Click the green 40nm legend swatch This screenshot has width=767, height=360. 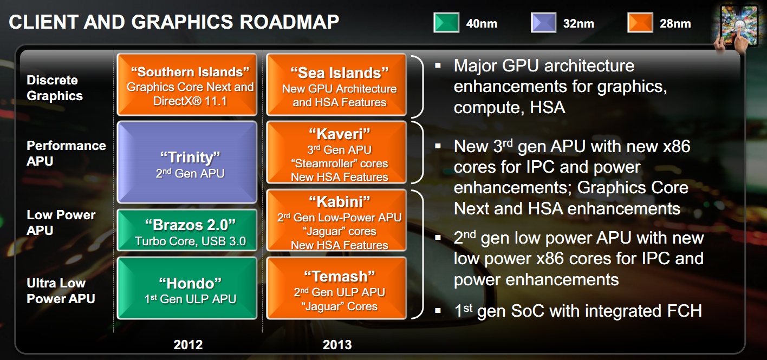click(446, 23)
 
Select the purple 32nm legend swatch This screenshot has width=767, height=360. click(543, 23)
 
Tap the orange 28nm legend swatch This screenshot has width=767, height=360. click(640, 23)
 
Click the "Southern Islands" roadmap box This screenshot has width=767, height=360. click(187, 84)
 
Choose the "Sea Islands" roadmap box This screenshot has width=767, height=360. click(336, 84)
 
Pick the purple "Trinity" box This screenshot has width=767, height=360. click(187, 162)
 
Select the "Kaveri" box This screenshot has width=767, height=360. click(336, 152)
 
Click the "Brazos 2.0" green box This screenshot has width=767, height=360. click(187, 230)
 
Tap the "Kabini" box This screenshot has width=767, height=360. click(336, 220)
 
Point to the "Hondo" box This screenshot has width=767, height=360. click(187, 288)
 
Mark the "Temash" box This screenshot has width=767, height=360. click(336, 288)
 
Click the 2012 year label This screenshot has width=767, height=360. click(188, 345)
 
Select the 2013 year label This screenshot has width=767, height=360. click(337, 345)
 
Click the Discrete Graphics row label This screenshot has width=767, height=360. click(55, 88)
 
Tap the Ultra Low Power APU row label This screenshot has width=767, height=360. click(61, 291)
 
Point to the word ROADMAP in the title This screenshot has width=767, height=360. click(289, 22)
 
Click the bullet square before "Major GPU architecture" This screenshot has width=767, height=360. click(438, 65)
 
